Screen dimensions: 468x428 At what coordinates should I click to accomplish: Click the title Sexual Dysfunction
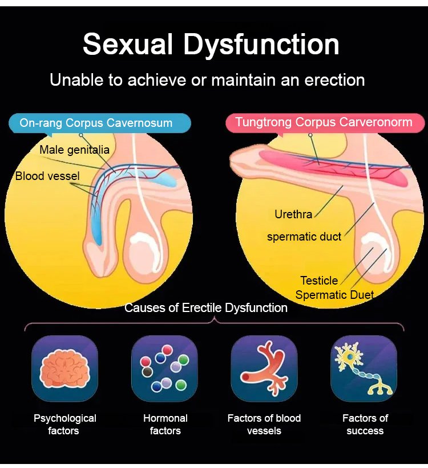point(211,45)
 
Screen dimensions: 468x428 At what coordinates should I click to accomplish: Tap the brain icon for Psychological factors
point(64,369)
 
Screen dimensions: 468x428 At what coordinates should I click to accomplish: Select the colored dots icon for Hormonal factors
point(164,369)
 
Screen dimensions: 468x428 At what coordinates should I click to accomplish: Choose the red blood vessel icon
point(264,369)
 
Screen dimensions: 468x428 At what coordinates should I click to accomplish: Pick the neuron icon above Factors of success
point(364,369)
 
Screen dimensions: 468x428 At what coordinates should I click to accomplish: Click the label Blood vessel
point(47,176)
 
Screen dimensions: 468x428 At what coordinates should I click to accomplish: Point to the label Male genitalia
point(74,150)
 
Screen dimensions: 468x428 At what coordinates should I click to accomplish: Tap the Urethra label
point(293,215)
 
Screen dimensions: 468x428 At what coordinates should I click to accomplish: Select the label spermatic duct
point(304,236)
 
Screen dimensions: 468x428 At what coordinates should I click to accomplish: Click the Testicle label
point(319,281)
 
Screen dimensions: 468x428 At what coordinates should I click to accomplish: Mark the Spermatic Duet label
point(334,295)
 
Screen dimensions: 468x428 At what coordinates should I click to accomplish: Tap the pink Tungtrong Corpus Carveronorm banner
point(324,122)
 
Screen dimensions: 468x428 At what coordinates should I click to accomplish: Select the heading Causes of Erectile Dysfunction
point(206,308)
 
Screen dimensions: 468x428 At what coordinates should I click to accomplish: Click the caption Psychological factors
point(64,424)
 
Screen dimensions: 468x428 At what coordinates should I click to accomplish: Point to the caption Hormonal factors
point(165,424)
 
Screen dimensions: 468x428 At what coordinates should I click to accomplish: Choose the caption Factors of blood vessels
point(264,424)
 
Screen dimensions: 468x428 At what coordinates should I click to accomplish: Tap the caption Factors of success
point(365,424)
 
